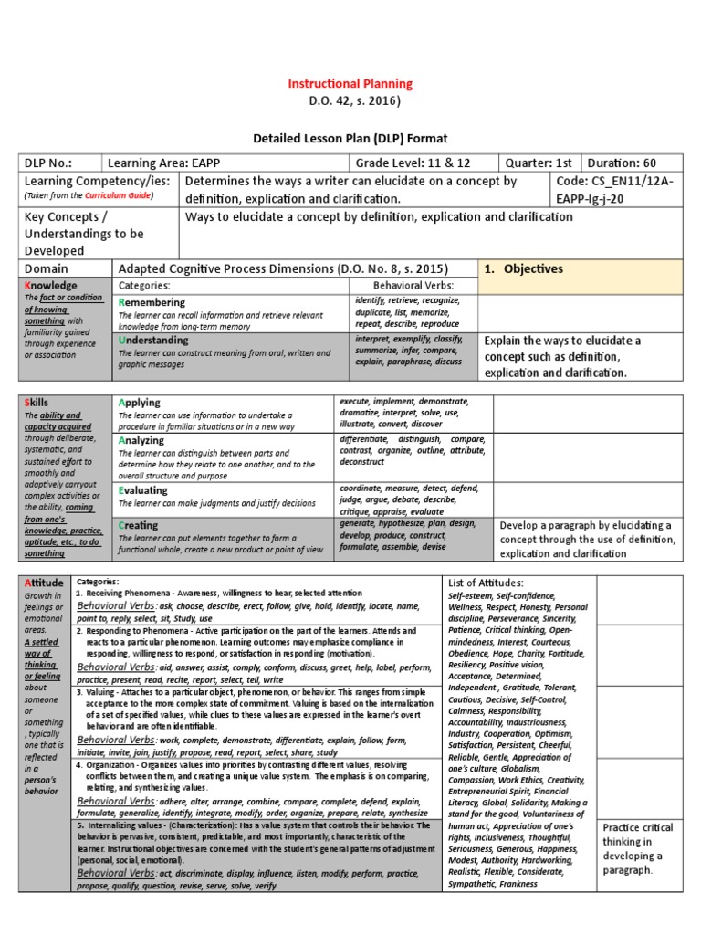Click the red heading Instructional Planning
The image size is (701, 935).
point(350,83)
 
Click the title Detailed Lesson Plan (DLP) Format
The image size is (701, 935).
point(350,138)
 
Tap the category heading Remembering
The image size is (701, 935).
point(152,301)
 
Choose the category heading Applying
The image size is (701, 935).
point(140,402)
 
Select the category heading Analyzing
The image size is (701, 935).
point(141,439)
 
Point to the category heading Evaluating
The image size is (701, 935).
point(144,490)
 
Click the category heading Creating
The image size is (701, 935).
point(138,525)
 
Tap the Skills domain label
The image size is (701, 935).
point(37,402)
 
